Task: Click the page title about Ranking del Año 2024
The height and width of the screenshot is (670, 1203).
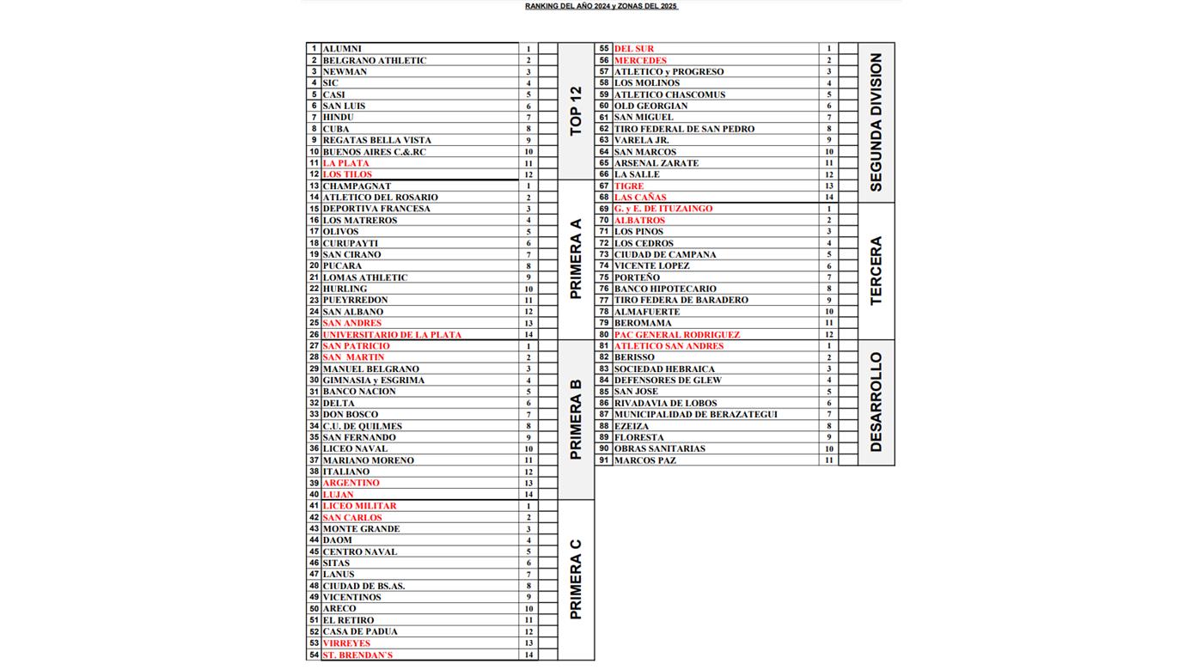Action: point(601,6)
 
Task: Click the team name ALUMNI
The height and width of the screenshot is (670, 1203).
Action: point(342,49)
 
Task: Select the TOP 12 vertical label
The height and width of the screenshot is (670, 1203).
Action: point(576,111)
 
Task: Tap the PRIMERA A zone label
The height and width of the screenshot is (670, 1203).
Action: point(576,259)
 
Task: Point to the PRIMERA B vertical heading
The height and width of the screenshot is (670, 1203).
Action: point(576,419)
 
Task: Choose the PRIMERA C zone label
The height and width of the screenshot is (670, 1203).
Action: point(576,580)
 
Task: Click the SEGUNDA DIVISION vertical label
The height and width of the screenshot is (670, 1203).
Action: point(876,122)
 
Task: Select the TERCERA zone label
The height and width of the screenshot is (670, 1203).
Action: point(876,271)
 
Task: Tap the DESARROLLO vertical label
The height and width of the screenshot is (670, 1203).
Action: point(876,402)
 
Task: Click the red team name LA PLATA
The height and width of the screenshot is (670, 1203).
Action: point(345,163)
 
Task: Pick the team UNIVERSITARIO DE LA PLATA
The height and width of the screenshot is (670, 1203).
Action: point(392,335)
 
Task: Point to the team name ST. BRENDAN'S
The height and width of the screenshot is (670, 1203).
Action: point(357,655)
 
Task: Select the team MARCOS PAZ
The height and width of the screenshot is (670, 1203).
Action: point(644,460)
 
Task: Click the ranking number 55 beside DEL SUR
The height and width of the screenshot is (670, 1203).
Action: point(604,49)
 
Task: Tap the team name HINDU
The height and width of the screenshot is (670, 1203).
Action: point(338,118)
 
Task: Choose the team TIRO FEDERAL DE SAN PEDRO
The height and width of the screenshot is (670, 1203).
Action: point(684,129)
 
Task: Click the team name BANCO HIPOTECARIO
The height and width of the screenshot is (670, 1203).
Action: point(665,289)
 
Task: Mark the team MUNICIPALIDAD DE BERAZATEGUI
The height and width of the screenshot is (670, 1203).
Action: point(695,415)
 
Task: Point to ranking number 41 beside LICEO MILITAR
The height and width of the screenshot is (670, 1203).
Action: point(314,506)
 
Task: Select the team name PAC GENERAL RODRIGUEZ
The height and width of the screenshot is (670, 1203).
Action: point(676,335)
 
